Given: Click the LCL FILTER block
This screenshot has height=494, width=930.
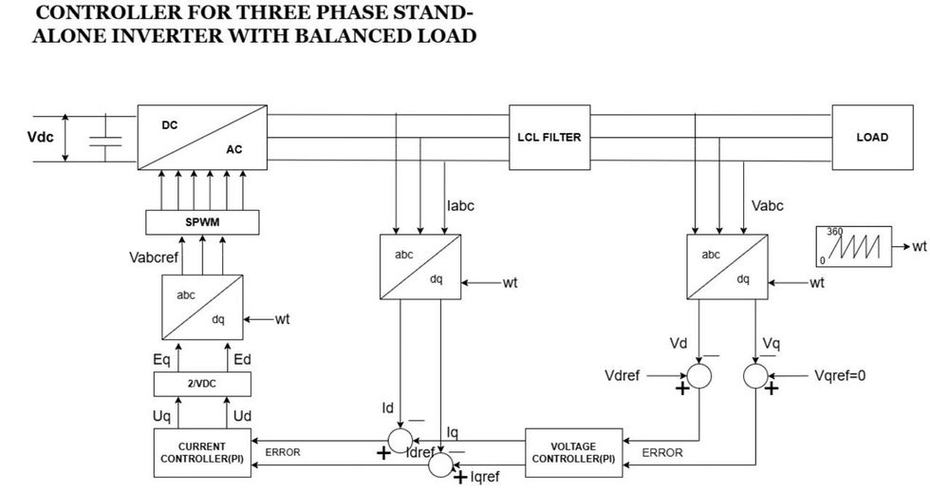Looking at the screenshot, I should (x=549, y=138).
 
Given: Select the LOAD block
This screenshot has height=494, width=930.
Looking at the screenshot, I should (x=871, y=138).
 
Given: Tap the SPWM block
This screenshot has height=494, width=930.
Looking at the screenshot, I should (x=201, y=221).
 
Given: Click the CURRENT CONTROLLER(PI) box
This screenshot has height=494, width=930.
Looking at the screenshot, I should (x=201, y=452).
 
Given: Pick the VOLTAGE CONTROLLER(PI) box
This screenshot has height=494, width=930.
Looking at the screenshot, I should (x=573, y=452).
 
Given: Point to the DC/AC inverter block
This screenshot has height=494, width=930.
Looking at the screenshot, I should (x=202, y=138).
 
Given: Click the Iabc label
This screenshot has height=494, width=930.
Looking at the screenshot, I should (x=461, y=205).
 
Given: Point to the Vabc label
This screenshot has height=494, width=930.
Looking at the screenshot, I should (x=768, y=205).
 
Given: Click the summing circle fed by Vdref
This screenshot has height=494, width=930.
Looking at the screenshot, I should (x=699, y=375).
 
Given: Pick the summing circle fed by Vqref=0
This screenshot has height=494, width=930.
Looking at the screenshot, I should (x=756, y=375).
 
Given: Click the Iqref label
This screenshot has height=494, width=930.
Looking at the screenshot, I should (x=484, y=477).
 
